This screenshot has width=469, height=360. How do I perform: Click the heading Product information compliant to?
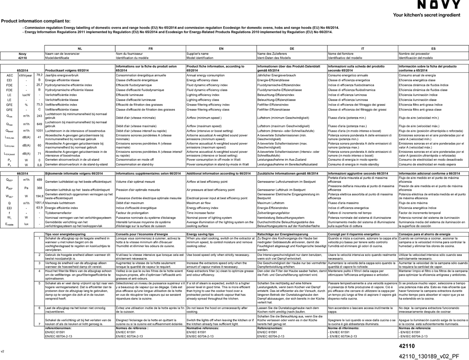(36, 21)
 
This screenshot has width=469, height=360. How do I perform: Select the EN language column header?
(221, 49)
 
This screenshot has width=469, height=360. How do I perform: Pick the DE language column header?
(292, 49)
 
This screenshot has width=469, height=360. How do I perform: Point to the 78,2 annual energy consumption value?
(39, 75)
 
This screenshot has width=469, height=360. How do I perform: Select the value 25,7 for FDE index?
(39, 85)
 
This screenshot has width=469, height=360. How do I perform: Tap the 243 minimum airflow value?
(39, 115)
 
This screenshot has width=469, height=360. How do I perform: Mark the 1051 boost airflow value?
(39, 131)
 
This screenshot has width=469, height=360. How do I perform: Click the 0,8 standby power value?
(39, 165)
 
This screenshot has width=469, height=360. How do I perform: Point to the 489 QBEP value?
(39, 180)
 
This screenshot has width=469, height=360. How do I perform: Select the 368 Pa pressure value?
(39, 188)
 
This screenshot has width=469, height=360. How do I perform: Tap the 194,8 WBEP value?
(39, 196)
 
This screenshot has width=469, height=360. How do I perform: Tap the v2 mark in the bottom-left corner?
(2, 351)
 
